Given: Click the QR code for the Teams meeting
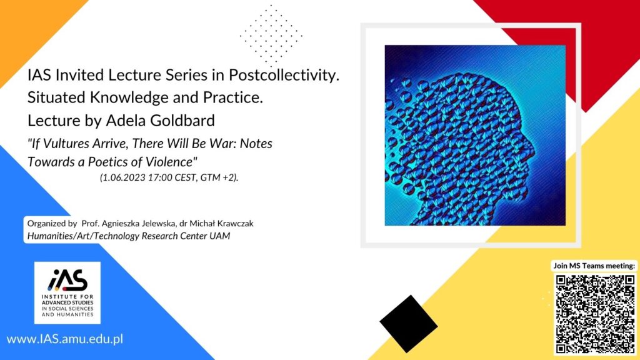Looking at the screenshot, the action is click(596, 314).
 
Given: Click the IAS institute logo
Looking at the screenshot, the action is click(67, 292).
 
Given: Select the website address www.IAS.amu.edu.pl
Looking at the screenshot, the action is click(65, 339).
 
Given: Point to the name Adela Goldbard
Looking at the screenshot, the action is click(161, 121).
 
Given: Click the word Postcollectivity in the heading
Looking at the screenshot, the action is click(284, 75).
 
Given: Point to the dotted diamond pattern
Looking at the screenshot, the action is click(271, 36).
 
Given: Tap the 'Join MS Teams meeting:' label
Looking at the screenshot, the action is click(594, 266).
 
